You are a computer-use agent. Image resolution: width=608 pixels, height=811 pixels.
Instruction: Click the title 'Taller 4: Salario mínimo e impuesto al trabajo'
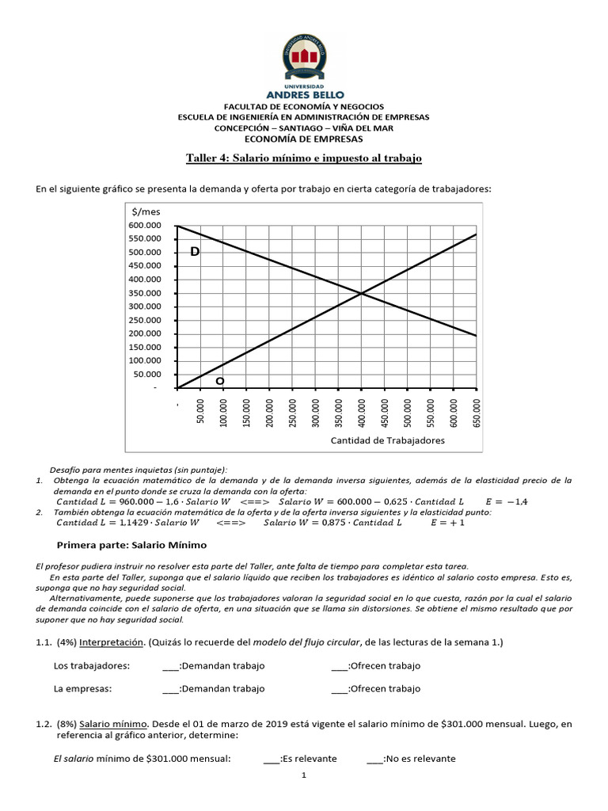304,158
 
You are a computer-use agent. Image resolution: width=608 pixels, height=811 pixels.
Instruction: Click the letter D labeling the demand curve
195,251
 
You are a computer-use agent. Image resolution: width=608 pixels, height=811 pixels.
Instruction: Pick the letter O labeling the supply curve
220,381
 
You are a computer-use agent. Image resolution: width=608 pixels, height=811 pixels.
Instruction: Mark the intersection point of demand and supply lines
362,294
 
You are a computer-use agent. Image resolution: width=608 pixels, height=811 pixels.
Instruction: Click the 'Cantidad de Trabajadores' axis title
387,440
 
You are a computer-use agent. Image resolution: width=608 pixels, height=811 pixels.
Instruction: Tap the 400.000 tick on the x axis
362,412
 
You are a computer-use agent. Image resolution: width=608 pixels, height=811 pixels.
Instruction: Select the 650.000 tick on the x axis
477,412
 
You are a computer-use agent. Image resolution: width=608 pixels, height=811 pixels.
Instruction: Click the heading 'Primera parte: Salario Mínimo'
132,545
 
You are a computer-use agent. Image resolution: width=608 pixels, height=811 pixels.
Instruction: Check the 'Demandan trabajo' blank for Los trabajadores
170,665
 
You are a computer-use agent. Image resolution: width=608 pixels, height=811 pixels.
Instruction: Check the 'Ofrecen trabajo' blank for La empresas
340,688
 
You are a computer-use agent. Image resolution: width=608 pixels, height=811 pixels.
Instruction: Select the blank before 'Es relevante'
272,759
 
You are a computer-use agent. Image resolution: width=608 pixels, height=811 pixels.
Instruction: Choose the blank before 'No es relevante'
374,759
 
